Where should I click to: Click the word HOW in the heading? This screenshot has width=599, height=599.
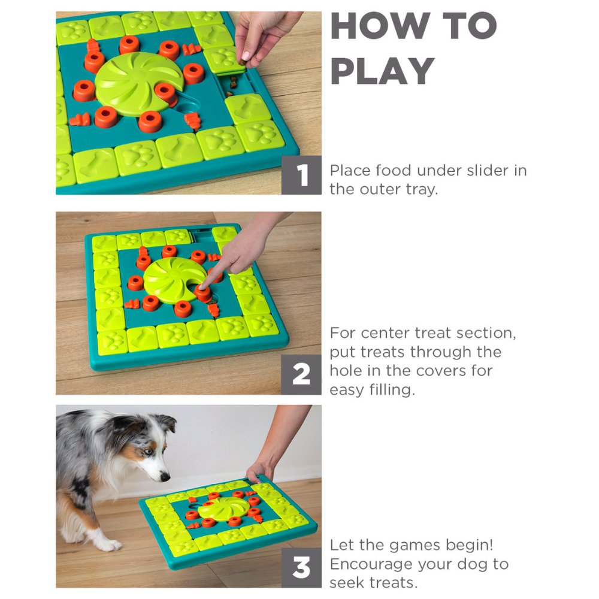click(x=380, y=26)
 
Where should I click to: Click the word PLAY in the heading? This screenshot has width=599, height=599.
click(x=382, y=71)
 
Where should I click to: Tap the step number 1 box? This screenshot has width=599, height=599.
click(x=301, y=176)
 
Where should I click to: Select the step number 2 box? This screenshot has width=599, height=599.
click(x=301, y=374)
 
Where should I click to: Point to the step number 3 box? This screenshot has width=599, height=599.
click(x=301, y=568)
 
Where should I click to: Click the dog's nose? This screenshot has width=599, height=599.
click(x=165, y=476)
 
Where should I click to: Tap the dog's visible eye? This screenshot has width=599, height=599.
click(x=149, y=452)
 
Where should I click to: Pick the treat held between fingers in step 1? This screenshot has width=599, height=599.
click(x=242, y=62)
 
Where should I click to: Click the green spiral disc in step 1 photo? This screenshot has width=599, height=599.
click(x=137, y=84)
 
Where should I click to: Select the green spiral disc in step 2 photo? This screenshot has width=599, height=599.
click(x=174, y=280)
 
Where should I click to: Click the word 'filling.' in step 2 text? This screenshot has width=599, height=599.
click(x=392, y=390)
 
